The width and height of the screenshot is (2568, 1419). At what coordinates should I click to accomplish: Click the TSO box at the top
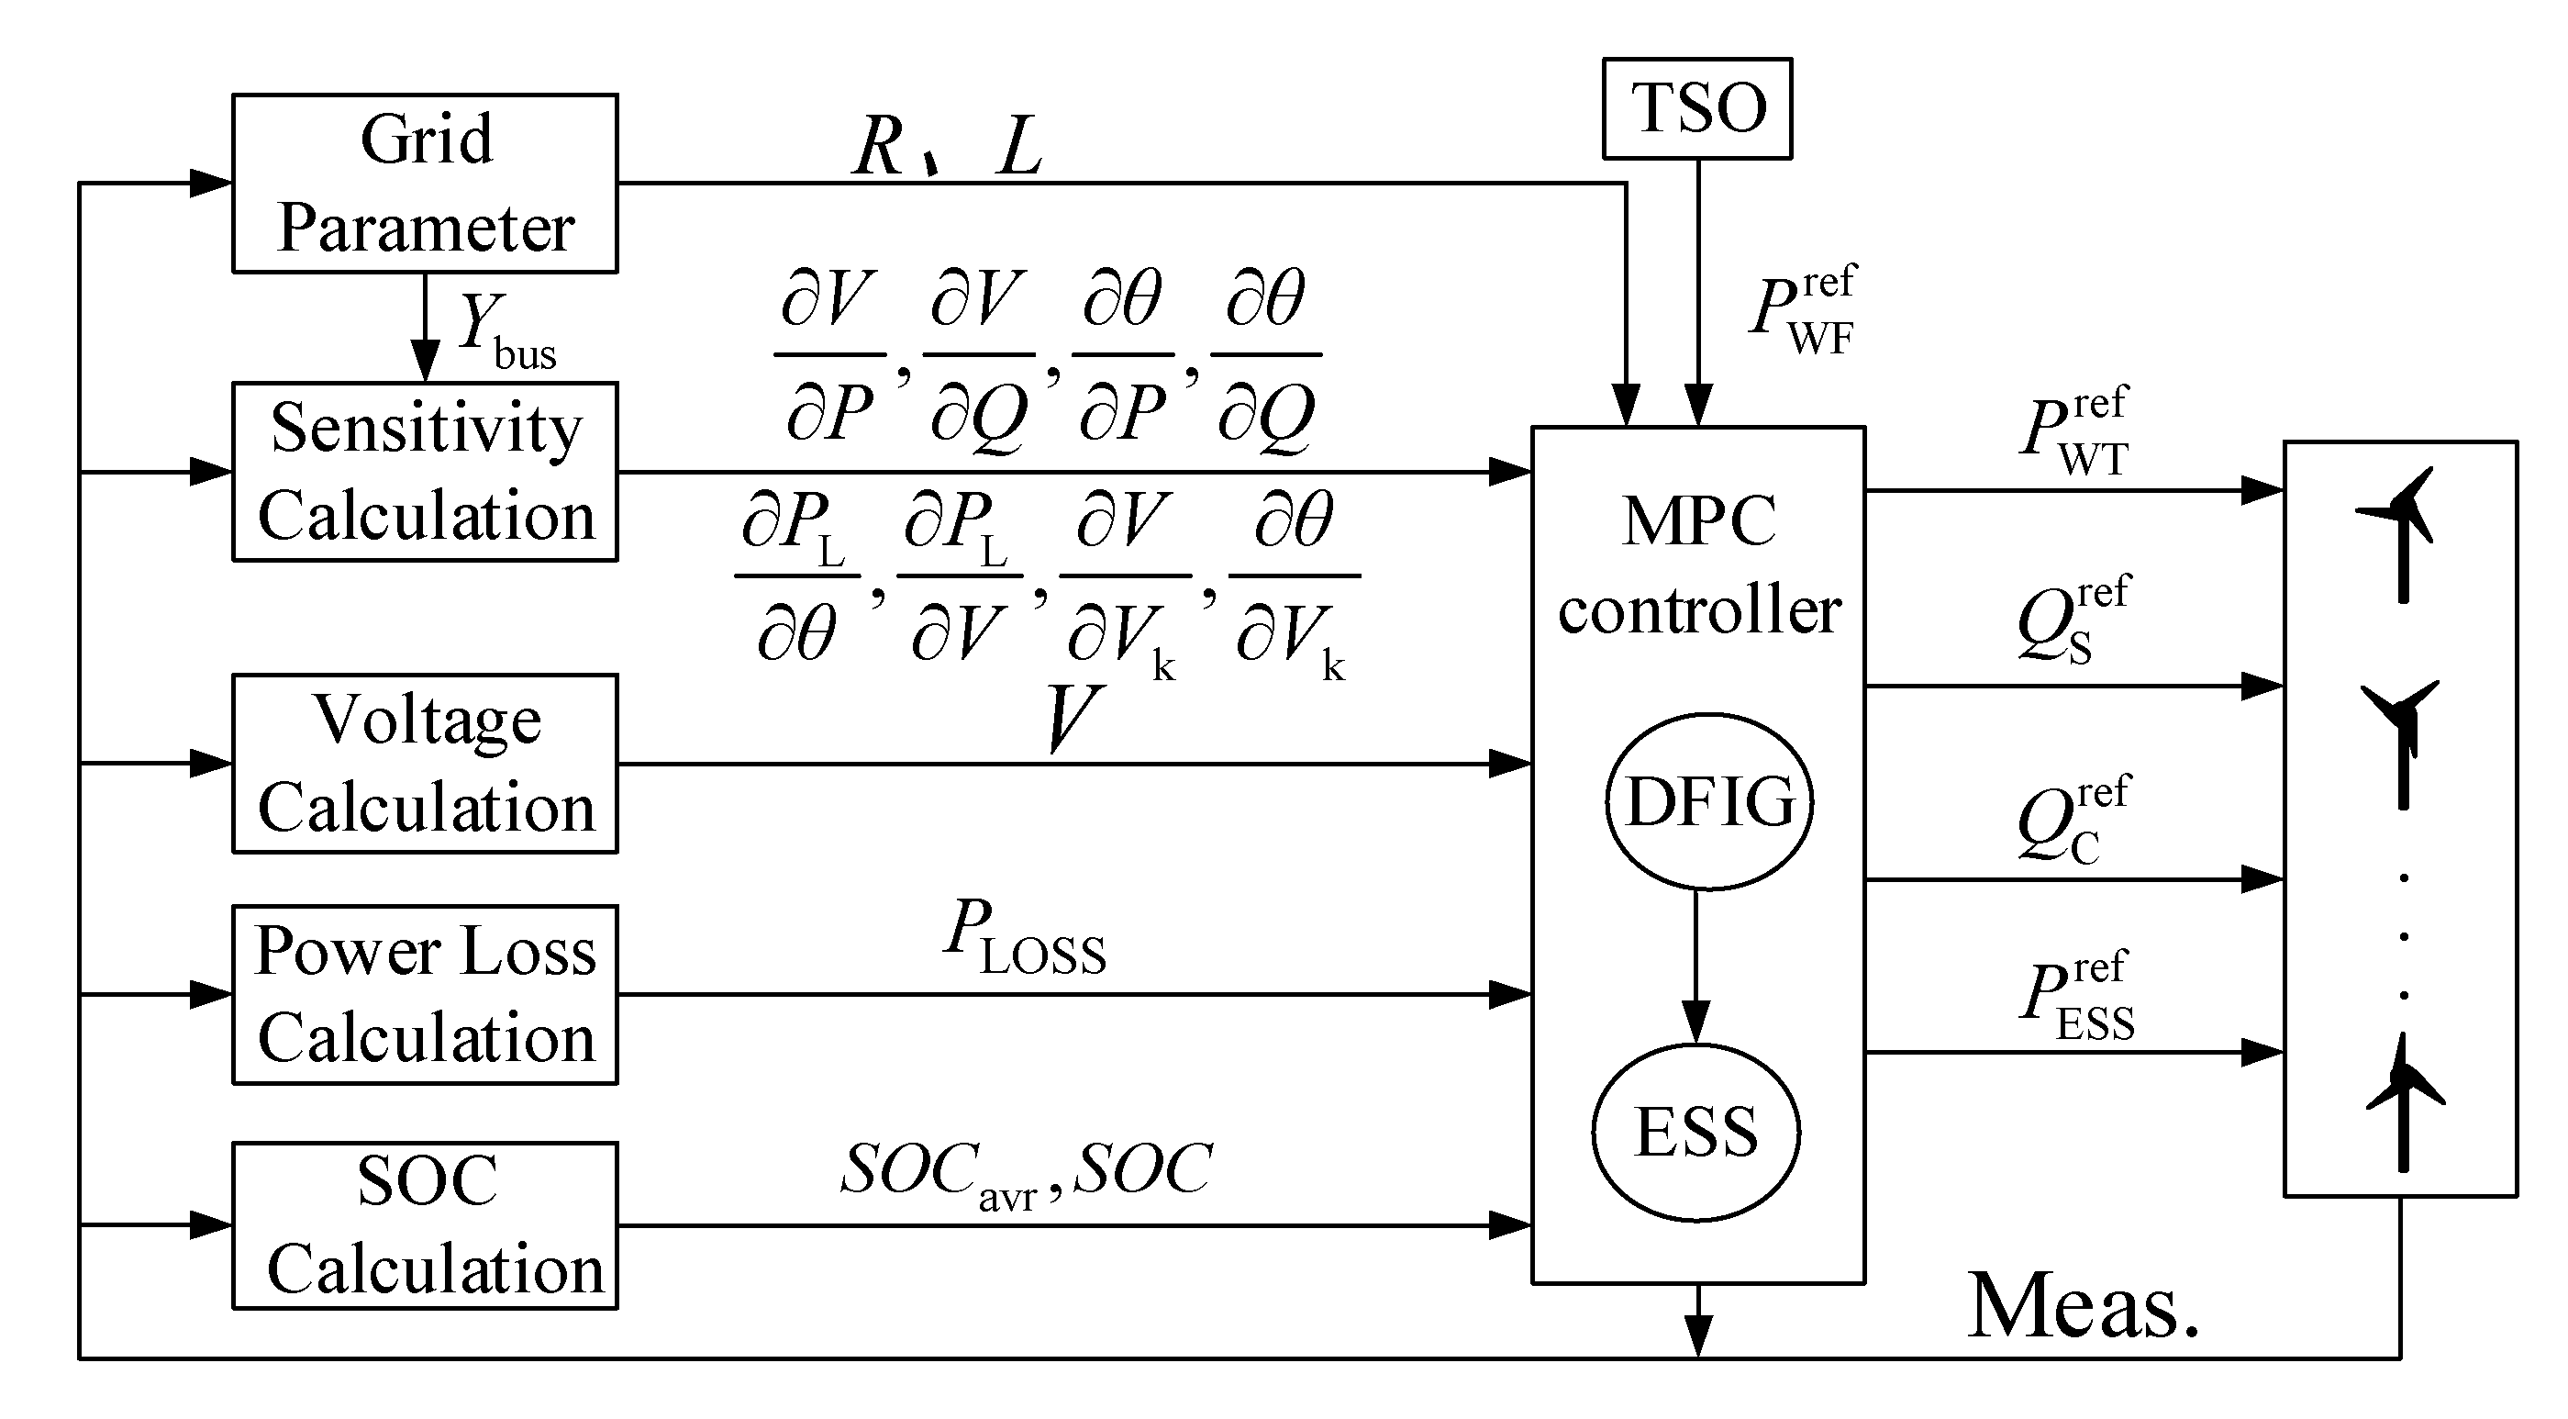(1695, 107)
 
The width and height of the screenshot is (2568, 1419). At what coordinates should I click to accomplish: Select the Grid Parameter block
(425, 184)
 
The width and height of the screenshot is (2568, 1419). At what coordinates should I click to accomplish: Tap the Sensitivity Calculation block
(425, 472)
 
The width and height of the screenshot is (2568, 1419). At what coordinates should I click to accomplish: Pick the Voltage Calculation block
(425, 764)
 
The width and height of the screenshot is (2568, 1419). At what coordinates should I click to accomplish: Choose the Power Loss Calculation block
(425, 994)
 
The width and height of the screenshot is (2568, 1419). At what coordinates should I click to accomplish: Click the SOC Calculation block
(425, 1225)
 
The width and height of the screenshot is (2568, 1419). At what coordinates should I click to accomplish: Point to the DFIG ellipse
(1708, 801)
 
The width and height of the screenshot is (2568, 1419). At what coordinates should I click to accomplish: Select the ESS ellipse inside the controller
(1695, 1132)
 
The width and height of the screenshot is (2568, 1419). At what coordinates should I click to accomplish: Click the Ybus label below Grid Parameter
(506, 332)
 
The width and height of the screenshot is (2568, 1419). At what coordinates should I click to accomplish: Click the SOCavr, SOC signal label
(1027, 1173)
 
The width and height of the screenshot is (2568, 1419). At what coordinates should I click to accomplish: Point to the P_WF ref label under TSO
(1803, 310)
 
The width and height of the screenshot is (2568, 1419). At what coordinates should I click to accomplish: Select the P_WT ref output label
(2075, 430)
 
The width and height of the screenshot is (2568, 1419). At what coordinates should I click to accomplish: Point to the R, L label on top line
(947, 147)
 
